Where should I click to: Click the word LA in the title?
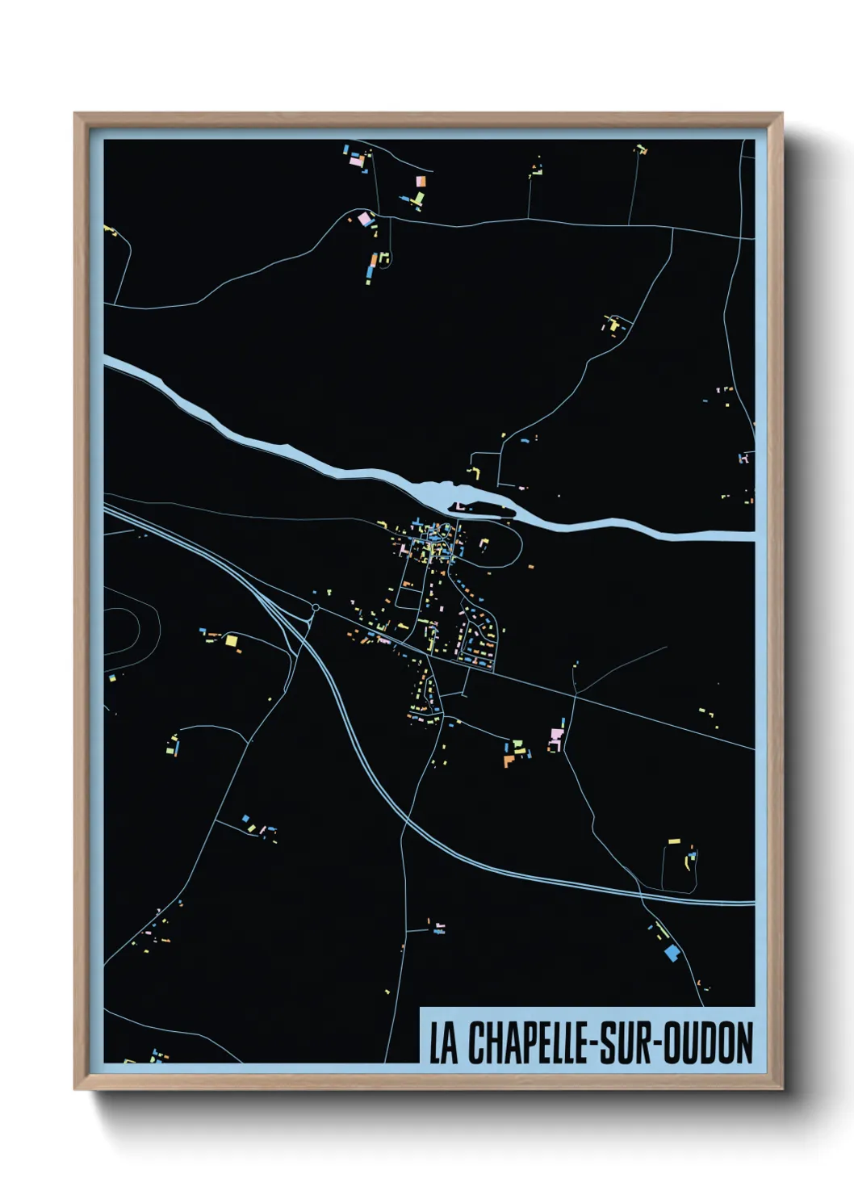pyautogui.click(x=442, y=1043)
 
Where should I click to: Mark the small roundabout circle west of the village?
pyautogui.click(x=316, y=607)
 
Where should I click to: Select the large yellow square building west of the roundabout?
pyautogui.click(x=232, y=641)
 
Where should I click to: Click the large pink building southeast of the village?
pyautogui.click(x=556, y=735)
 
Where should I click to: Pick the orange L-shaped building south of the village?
pyautogui.click(x=509, y=761)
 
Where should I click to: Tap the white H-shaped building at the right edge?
pyautogui.click(x=744, y=459)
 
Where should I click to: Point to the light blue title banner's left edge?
pyautogui.click(x=422, y=1035)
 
